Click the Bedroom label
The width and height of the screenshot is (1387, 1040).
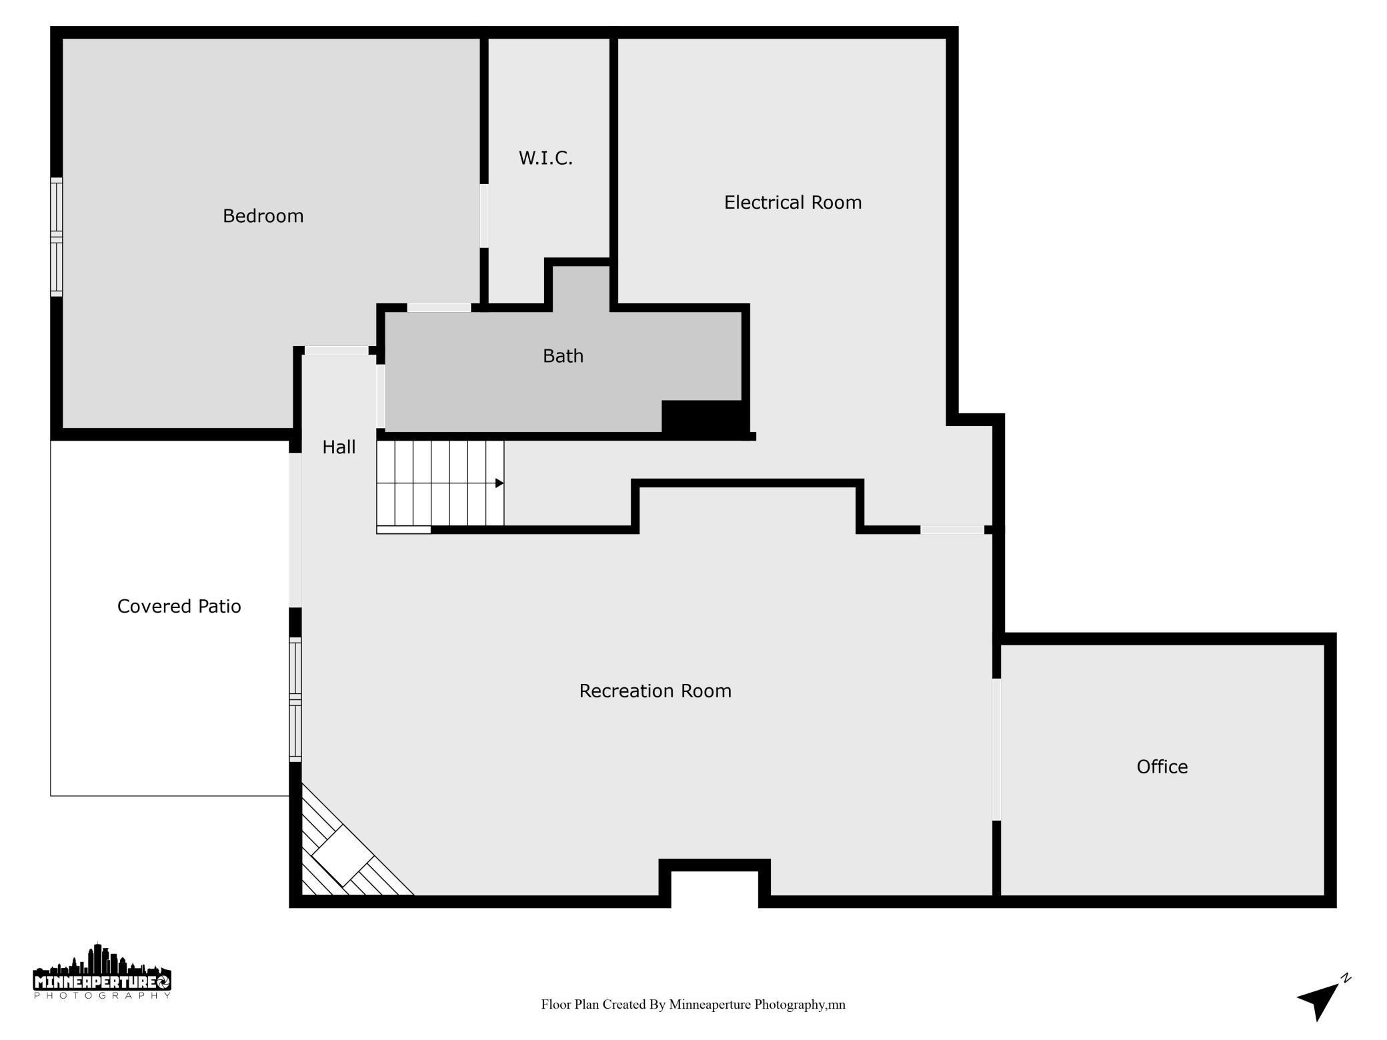tap(263, 216)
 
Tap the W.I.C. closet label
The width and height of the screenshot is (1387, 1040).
tap(545, 158)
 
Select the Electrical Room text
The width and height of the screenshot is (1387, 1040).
tap(792, 203)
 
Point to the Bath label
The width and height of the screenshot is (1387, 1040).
tap(563, 356)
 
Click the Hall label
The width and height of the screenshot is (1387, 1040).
tap(339, 447)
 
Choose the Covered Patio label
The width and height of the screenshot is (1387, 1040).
tap(179, 606)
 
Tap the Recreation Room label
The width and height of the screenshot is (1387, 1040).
tap(655, 691)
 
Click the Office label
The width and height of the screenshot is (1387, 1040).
tap(1162, 767)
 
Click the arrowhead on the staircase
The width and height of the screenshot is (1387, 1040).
tap(499, 483)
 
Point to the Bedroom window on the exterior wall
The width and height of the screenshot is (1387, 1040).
tap(57, 237)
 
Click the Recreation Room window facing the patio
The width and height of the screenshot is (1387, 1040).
tap(295, 699)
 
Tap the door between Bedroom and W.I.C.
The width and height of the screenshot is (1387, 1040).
tap(484, 215)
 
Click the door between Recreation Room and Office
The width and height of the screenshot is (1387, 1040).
tap(996, 749)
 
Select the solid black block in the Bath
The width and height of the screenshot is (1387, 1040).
tap(703, 418)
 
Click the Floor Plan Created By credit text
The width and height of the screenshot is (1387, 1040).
tap(693, 1005)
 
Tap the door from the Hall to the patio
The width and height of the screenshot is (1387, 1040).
tap(295, 530)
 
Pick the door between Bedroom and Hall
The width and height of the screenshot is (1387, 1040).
tap(337, 351)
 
